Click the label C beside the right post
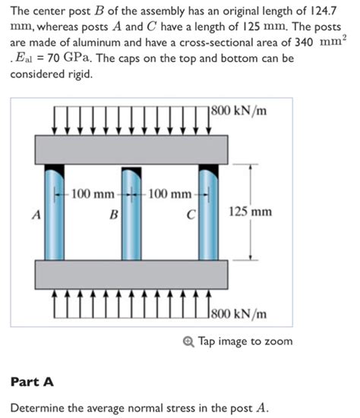(193, 215)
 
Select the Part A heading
(31, 381)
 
